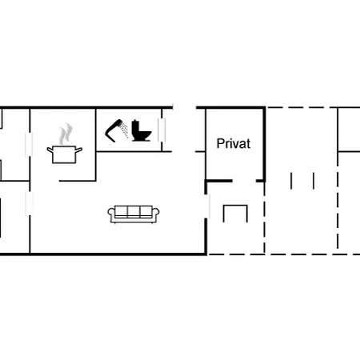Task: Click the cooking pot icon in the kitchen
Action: pyautogui.click(x=65, y=154)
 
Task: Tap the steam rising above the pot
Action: pyautogui.click(x=66, y=134)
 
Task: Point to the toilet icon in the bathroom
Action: pyautogui.click(x=142, y=130)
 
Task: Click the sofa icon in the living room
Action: pyautogui.click(x=134, y=214)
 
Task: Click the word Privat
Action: pyautogui.click(x=234, y=144)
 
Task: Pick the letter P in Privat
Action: pyautogui.click(x=220, y=143)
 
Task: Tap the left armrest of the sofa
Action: pyautogui.click(x=111, y=214)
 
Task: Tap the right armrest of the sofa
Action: pyautogui.click(x=156, y=214)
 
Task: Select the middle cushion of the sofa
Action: pyautogui.click(x=134, y=211)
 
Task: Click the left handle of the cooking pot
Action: pyautogui.click(x=50, y=150)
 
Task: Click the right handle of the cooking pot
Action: pyautogui.click(x=79, y=150)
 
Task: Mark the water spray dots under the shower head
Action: pyautogui.click(x=124, y=130)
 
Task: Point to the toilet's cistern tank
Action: pyautogui.click(x=136, y=126)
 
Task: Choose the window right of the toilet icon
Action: pyautogui.click(x=162, y=130)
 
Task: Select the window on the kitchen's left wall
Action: pyautogui.click(x=29, y=144)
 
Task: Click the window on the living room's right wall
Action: pyautogui.click(x=206, y=206)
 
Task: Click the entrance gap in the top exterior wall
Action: pyautogui.click(x=185, y=107)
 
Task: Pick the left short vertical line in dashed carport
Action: pyautogui.click(x=291, y=181)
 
